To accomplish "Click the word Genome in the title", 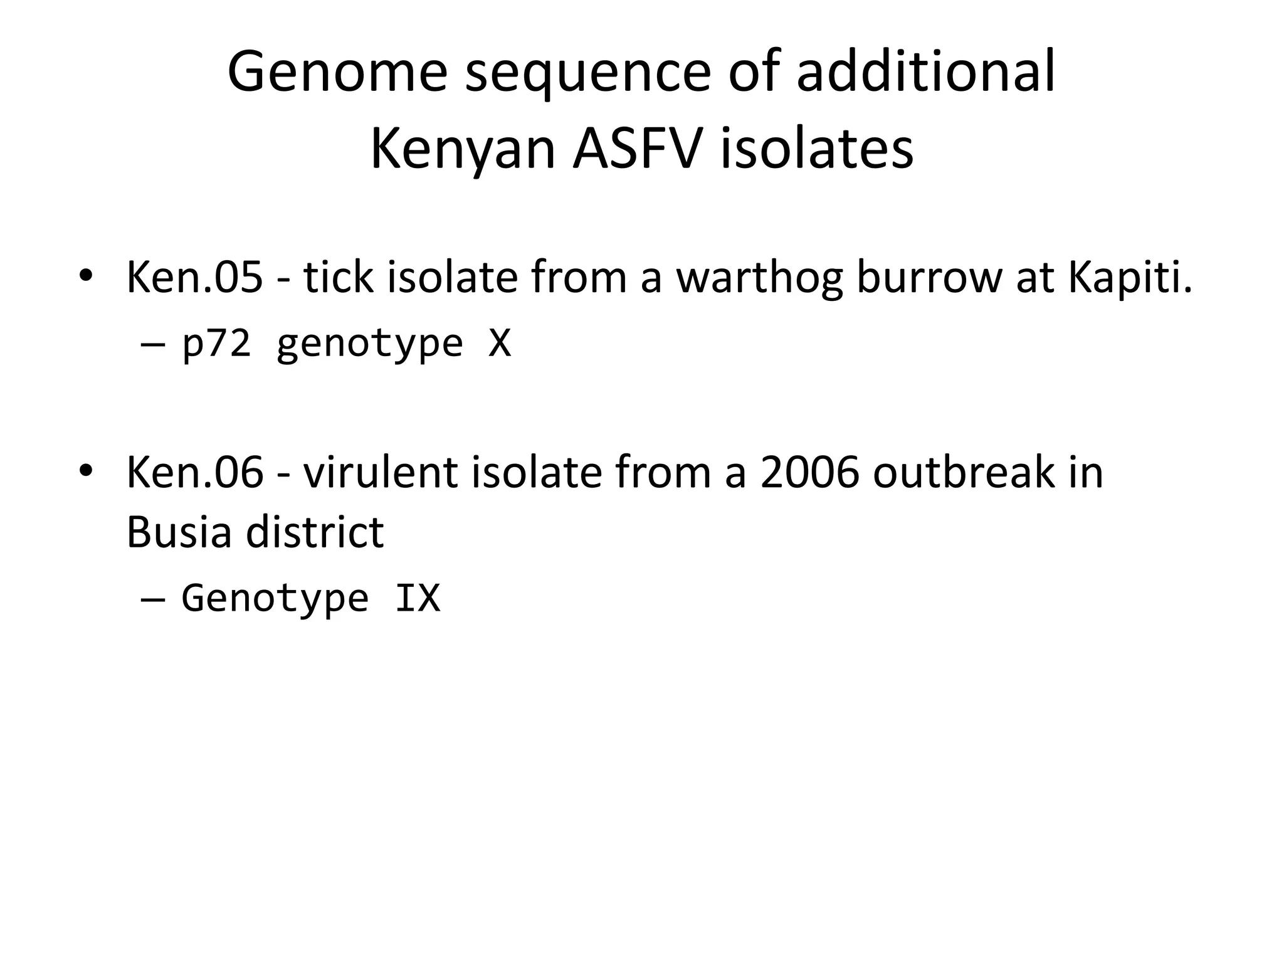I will pyautogui.click(x=337, y=73).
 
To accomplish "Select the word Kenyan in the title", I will pyautogui.click(x=463, y=150).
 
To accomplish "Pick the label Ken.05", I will pyautogui.click(x=194, y=277).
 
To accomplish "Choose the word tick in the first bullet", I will pyautogui.click(x=339, y=277).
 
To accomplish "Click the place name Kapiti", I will pyautogui.click(x=1129, y=277).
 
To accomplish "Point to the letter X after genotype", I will pyautogui.click(x=500, y=343).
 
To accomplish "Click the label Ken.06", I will pyautogui.click(x=194, y=472).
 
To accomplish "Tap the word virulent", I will pyautogui.click(x=380, y=472).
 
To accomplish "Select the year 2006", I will pyautogui.click(x=809, y=472).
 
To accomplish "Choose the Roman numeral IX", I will pyautogui.click(x=418, y=597).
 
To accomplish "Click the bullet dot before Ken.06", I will pyautogui.click(x=86, y=470).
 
